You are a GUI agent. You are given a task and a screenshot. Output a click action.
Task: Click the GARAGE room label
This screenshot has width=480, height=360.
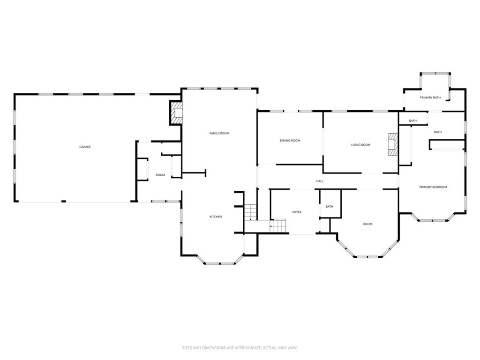click(85, 147)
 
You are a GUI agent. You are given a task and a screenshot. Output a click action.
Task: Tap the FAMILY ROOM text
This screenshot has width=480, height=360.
click(219, 134)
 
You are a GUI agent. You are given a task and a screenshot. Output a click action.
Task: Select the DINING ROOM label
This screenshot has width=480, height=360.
click(290, 141)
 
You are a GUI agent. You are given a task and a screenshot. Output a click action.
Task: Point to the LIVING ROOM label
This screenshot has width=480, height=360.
click(360, 145)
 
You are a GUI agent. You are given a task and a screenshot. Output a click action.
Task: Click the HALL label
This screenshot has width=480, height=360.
click(320, 181)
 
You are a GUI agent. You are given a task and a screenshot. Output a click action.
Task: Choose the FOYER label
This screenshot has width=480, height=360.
click(297, 212)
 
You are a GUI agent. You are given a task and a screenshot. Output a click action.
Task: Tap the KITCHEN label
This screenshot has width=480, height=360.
click(216, 217)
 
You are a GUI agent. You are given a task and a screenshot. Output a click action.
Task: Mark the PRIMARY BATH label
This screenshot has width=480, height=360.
click(430, 97)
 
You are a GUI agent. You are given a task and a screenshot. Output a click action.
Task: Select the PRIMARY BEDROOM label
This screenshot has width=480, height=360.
click(433, 187)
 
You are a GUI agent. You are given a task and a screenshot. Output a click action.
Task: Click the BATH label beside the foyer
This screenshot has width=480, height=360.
click(330, 207)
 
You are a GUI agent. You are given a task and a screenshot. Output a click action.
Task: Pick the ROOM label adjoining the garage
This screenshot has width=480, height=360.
click(160, 175)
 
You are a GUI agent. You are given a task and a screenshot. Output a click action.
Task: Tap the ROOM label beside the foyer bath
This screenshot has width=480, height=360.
click(367, 224)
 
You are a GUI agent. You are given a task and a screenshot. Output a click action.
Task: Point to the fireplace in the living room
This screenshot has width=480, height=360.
click(392, 144)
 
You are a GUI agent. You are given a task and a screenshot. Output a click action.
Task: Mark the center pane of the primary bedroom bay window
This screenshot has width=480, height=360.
click(433, 220)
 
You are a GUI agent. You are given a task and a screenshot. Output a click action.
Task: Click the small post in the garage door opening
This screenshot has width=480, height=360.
click(64, 202)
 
